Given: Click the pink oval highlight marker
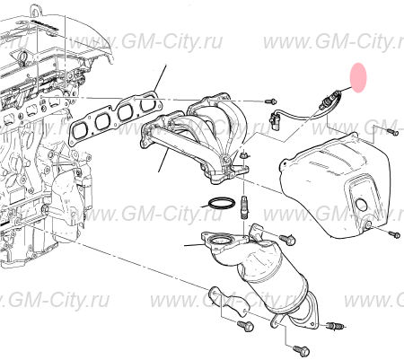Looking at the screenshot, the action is (358, 77).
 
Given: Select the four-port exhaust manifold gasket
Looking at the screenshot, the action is (115, 118).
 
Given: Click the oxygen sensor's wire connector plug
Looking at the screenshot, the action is (275, 119).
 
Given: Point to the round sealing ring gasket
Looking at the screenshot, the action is (222, 203).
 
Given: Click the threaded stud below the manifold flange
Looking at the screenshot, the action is (244, 207).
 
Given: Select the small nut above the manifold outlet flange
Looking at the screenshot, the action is (244, 155).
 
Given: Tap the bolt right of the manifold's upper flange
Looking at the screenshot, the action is (271, 101).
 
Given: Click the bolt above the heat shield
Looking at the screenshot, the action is (391, 131).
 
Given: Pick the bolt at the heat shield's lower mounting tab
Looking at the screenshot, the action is (394, 234).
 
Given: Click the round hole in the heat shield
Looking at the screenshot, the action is (362, 205).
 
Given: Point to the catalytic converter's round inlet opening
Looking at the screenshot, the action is (221, 240).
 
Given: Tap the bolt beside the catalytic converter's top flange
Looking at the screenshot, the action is (287, 239).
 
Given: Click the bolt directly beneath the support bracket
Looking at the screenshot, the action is (245, 326).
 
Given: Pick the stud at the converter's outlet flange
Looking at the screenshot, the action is (336, 325).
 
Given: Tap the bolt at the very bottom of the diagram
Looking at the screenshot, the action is (301, 350).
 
